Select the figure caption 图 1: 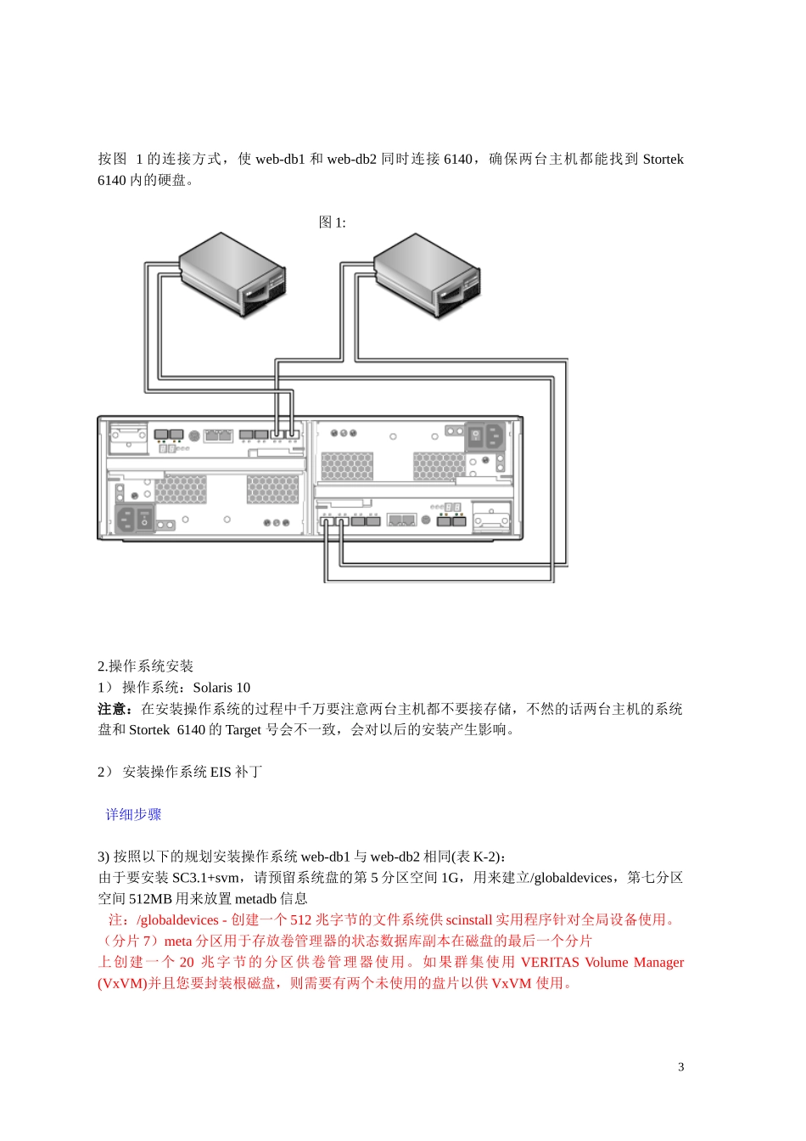pos(332,222)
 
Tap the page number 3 pos(680,1067)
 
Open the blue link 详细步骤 pos(133,815)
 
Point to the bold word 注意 pos(114,709)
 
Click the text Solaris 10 pos(221,688)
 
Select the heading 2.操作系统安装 pos(145,666)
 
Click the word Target pos(243,730)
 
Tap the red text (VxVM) pos(123,983)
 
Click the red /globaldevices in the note pos(177,920)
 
